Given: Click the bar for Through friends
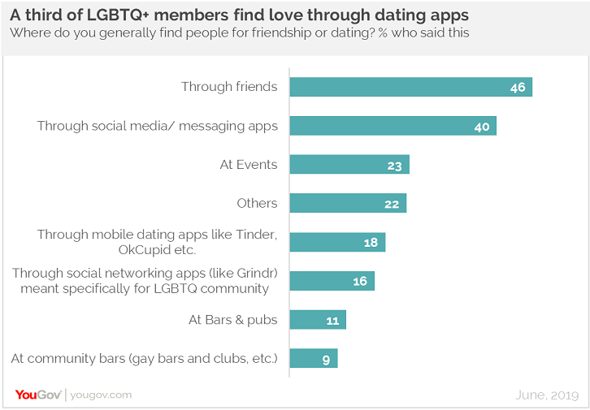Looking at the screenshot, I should click(x=410, y=87).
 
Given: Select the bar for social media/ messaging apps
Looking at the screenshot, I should click(x=393, y=126).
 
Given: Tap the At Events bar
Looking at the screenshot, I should click(x=349, y=165).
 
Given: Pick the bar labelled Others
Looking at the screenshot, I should click(x=348, y=204).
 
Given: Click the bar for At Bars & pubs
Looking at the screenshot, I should click(x=318, y=320).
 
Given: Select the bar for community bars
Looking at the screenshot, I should click(x=313, y=359).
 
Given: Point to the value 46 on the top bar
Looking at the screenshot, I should click(x=517, y=87).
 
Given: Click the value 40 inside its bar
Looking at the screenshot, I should click(x=481, y=126).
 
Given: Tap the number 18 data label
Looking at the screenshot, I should click(x=371, y=243).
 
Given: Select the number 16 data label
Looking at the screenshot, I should click(x=359, y=282).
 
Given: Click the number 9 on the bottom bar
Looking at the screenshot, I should click(x=326, y=359).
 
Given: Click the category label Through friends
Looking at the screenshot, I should click(x=229, y=87).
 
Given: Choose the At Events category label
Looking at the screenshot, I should click(x=249, y=165).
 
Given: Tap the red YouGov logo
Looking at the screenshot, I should click(x=37, y=395).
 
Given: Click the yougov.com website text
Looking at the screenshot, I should click(x=101, y=395).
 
